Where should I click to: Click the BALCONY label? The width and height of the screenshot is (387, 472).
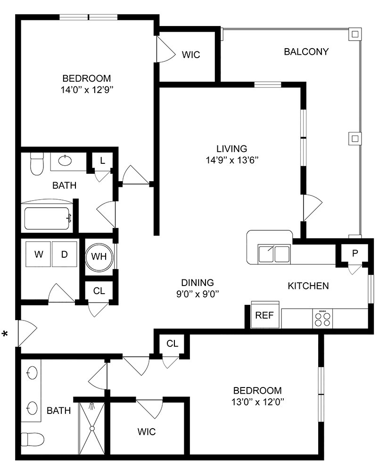coord(306,51)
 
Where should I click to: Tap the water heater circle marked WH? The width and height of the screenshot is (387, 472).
coord(99,256)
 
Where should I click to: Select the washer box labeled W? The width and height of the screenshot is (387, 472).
coord(38,254)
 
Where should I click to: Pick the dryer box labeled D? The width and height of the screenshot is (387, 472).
coord(64,254)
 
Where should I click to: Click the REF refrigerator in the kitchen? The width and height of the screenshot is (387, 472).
coord(264,315)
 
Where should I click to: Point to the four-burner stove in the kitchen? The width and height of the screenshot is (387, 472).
coord(322,318)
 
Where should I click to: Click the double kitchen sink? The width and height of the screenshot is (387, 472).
coord(273,253)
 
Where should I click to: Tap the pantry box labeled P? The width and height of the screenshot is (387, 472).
coord(355,253)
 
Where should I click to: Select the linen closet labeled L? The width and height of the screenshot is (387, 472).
coord(102,160)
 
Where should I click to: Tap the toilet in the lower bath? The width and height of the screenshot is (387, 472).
coord(33,439)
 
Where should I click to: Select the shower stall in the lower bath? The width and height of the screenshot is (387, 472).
coord(92,427)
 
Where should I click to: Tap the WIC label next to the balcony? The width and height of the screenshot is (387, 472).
coord(191,55)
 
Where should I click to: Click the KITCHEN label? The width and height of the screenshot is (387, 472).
coord(308,286)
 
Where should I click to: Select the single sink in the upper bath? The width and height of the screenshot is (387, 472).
coord(65,160)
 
